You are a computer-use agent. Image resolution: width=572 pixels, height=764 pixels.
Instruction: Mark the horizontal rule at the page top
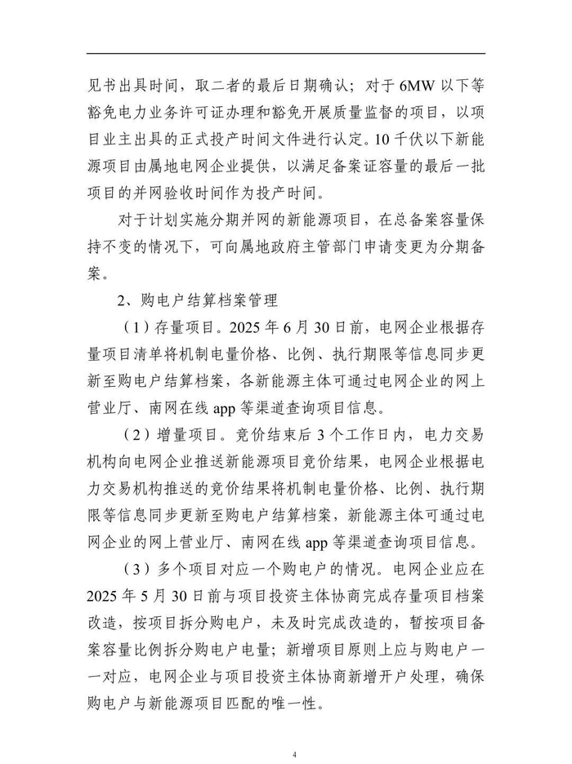click(286, 55)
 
